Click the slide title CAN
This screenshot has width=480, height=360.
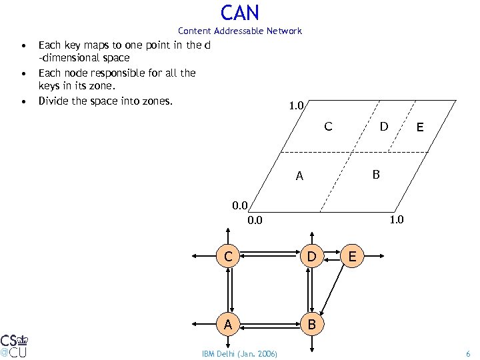click(239, 12)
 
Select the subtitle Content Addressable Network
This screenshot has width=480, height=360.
click(239, 31)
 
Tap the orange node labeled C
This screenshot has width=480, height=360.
click(228, 255)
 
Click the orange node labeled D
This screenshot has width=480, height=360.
click(311, 255)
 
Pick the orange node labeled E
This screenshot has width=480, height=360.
click(353, 255)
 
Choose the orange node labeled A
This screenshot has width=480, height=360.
click(228, 325)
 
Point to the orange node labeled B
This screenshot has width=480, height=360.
click(311, 325)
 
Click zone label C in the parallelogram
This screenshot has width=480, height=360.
click(328, 126)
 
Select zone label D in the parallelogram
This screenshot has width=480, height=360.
click(384, 126)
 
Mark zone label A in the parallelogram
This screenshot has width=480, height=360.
click(300, 177)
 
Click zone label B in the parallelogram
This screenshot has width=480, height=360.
click(376, 175)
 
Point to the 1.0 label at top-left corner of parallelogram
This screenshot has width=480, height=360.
click(296, 105)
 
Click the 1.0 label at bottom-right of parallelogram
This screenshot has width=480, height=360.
click(396, 220)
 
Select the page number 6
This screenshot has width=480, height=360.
click(468, 353)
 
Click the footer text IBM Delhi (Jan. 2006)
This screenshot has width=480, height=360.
click(239, 353)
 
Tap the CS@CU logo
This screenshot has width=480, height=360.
click(14, 344)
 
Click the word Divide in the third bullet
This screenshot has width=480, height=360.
click(53, 101)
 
